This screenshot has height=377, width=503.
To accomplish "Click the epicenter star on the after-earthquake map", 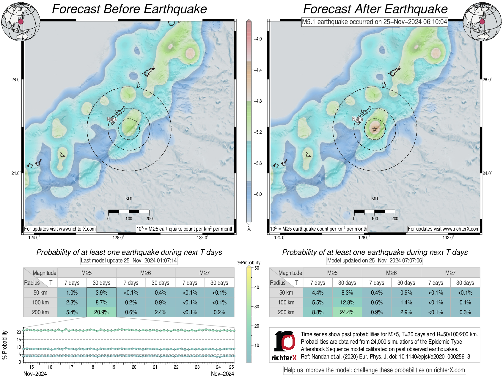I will click(x=375, y=129).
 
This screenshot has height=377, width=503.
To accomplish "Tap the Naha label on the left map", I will click(x=112, y=119).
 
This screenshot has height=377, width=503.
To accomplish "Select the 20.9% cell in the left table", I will click(x=101, y=312).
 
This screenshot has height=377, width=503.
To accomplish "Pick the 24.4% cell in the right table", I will click(x=347, y=312).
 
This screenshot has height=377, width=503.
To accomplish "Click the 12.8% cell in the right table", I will click(x=347, y=302).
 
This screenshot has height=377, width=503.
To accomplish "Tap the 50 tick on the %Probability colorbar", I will click(x=257, y=268).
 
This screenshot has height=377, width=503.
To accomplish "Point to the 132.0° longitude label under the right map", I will click(x=448, y=237).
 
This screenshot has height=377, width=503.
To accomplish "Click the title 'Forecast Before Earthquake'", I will click(x=129, y=9).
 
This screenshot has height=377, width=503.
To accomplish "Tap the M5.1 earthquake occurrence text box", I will click(x=374, y=22).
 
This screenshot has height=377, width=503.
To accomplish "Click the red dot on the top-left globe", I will click(x=21, y=22).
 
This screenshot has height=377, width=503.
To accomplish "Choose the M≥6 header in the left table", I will click(x=145, y=273).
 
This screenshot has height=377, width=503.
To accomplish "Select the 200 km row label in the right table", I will click(x=286, y=312).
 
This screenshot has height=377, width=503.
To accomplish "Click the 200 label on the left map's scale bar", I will click(x=149, y=218).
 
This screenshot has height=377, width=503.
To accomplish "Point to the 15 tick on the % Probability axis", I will click(x=19, y=340).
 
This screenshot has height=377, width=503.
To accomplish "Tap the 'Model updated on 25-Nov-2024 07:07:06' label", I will click(x=374, y=260).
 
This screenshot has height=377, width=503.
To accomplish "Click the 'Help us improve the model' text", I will click(x=374, y=370).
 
